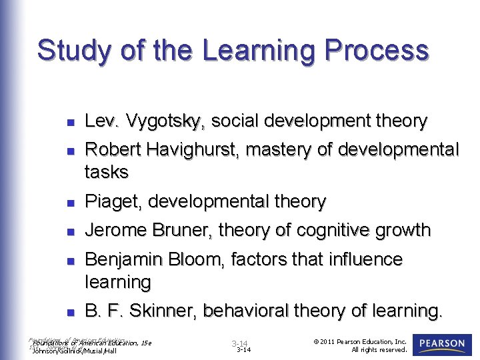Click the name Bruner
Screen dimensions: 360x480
pos(186,231)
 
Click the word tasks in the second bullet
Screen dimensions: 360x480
pos(106,172)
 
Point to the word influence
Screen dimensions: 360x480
pos(362,259)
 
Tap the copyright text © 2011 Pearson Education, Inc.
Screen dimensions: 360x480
pos(360,341)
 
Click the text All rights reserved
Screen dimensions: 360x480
pos(379,350)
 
